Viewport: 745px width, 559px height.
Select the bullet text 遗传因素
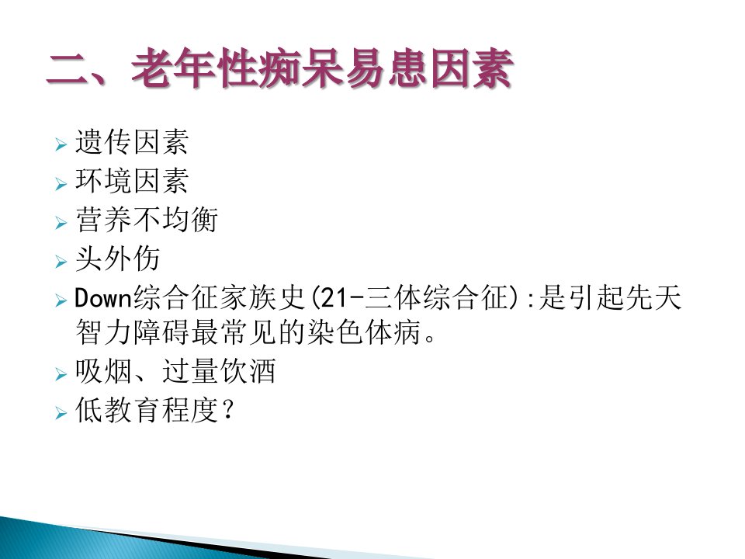click(132, 141)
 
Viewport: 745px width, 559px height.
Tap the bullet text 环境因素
click(132, 181)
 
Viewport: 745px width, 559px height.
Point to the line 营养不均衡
click(147, 220)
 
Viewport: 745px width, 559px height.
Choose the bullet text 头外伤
click(117, 259)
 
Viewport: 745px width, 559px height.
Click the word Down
click(102, 298)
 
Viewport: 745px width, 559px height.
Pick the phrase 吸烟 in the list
click(103, 371)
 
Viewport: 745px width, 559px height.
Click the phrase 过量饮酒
click(219, 371)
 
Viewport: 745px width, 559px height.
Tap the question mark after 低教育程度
click(228, 409)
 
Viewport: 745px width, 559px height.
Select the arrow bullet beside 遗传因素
click(61, 144)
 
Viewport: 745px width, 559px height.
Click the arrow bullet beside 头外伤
click(61, 261)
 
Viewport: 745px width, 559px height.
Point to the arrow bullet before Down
click(61, 300)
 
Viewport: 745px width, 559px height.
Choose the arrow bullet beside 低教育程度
click(61, 412)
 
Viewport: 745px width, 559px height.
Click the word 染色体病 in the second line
click(365, 332)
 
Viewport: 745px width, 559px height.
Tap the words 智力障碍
click(132, 332)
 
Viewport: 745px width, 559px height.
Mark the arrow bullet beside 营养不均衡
click(61, 222)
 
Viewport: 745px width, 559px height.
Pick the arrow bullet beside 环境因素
click(61, 183)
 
